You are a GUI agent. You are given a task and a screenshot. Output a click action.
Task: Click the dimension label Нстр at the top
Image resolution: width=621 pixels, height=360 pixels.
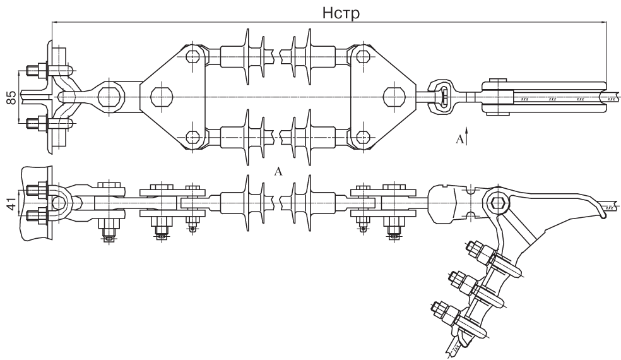pos(341,13)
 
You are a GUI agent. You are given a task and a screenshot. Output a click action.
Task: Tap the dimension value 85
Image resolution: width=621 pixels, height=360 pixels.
pos(12,97)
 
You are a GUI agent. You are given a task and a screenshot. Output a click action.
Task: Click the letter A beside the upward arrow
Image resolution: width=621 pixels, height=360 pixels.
pos(459,139)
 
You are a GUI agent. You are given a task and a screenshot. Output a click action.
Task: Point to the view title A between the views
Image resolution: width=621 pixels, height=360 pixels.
pos(278,171)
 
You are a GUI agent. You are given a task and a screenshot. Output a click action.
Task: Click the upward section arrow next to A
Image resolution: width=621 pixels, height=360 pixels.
pos(468,135)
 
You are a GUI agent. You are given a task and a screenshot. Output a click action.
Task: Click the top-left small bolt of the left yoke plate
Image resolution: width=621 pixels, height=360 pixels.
pos(192,56)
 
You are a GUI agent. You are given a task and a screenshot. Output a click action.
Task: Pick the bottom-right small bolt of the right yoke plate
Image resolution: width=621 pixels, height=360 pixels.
pos(363,137)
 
